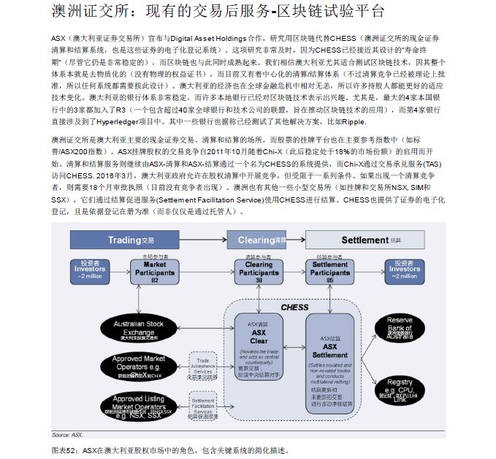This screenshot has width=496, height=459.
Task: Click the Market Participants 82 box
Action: pyautogui.click(x=155, y=271)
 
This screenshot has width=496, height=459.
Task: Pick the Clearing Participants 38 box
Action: pyautogui.click(x=259, y=271)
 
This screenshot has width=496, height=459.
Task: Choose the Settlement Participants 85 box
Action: pyautogui.click(x=329, y=271)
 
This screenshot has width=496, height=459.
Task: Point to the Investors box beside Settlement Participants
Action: pyautogui.click(x=404, y=270)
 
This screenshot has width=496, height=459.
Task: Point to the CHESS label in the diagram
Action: pyautogui.click(x=294, y=308)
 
